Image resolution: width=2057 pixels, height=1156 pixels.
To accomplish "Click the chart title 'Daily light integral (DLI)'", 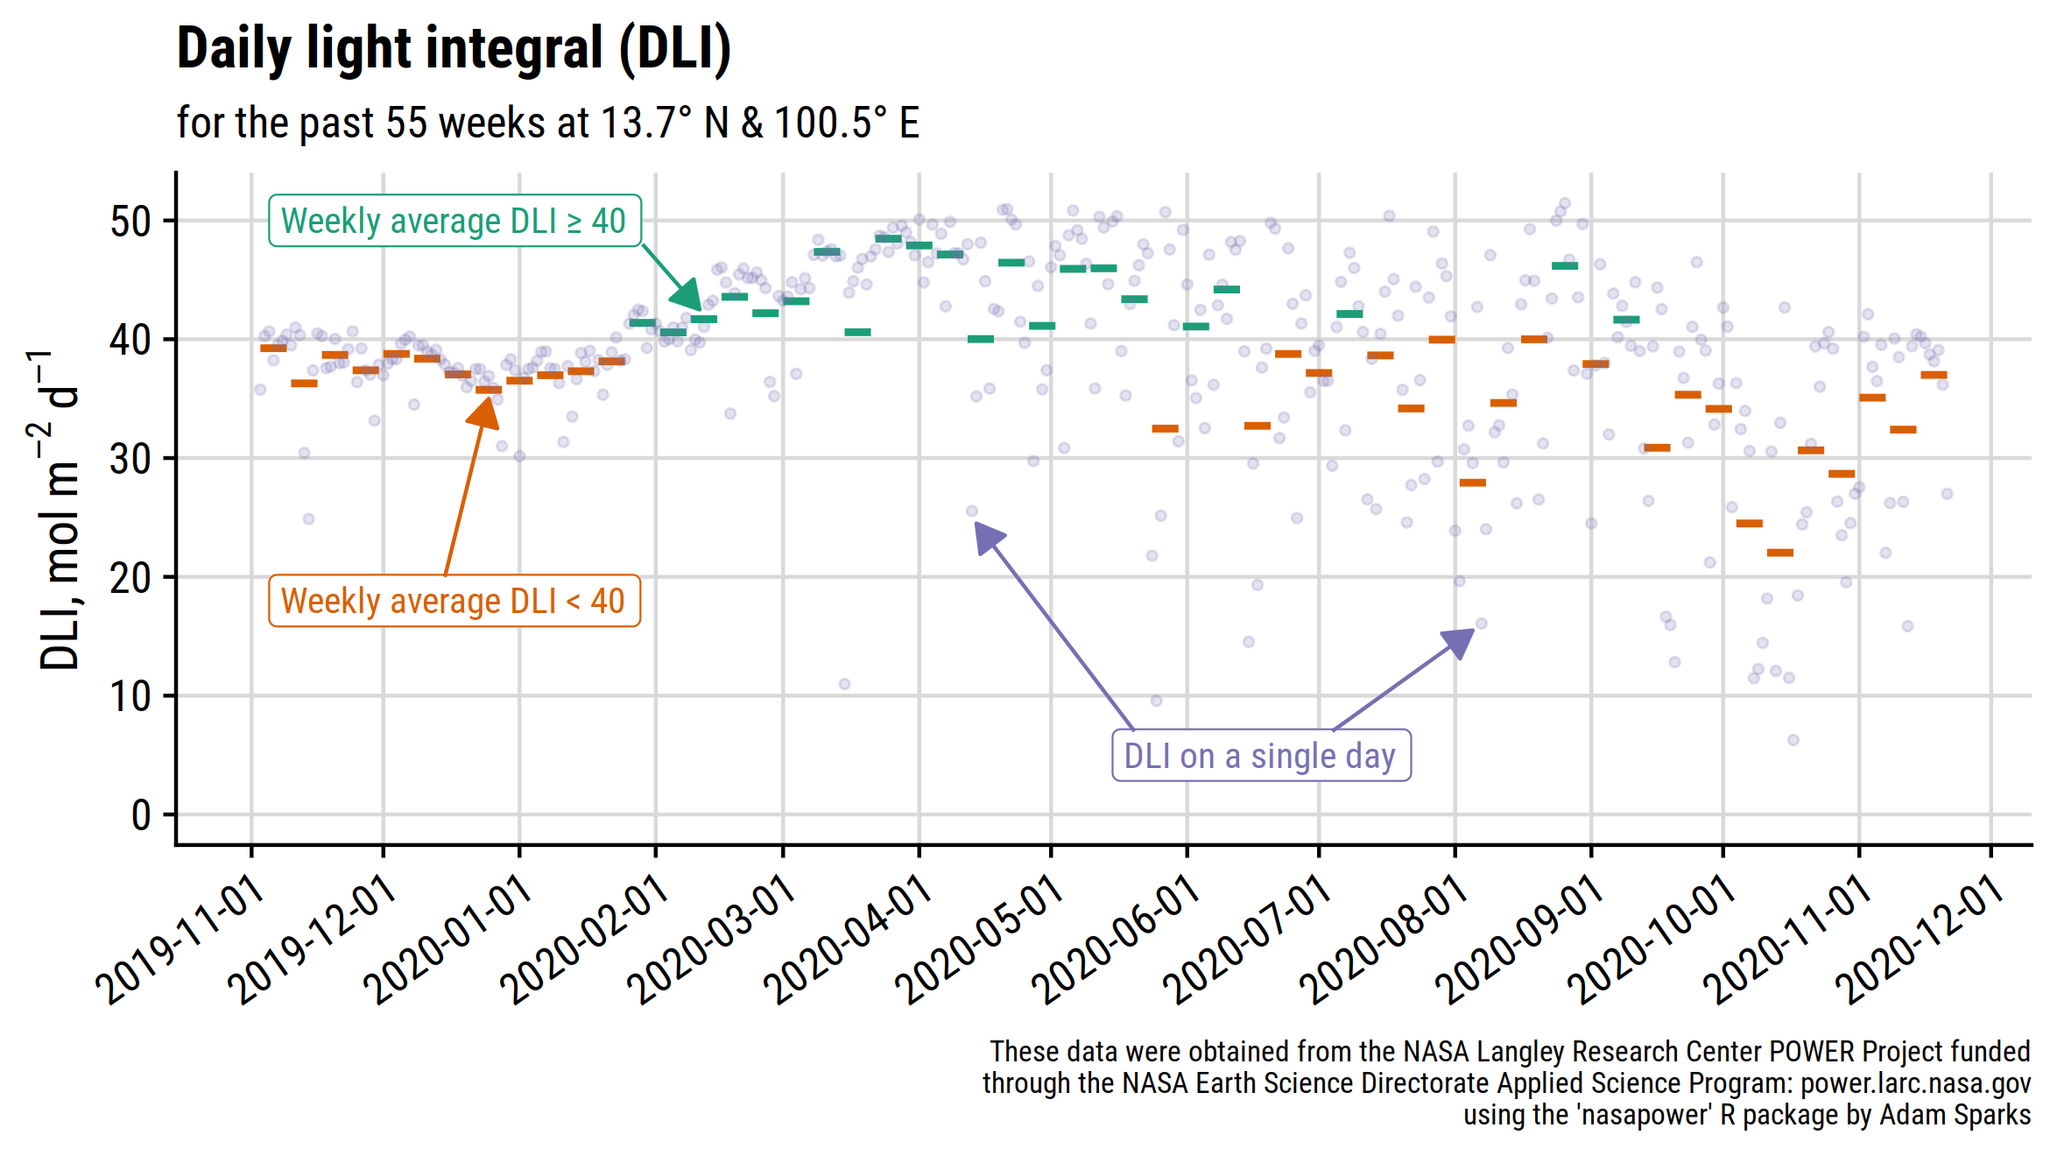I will (453, 48).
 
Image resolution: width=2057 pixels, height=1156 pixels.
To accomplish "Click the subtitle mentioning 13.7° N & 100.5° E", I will (547, 123).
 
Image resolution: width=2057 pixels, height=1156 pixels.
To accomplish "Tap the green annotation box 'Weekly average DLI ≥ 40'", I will (454, 221).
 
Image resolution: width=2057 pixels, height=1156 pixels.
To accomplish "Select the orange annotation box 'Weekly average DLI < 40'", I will (454, 601).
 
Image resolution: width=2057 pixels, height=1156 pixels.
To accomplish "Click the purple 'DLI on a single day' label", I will (1260, 756).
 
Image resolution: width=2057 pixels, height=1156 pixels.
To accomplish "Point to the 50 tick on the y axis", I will (130, 222).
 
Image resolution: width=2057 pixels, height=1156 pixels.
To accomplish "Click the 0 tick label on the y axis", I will (141, 815).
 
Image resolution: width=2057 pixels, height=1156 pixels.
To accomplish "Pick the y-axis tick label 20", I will (130, 578).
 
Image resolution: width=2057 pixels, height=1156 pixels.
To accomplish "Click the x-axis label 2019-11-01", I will (180, 941).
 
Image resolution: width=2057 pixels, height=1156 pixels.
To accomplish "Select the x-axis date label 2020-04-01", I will (847, 941).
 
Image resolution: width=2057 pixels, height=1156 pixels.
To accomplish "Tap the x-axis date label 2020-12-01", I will (1919, 941).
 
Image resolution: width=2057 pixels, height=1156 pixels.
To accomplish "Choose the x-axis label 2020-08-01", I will (1383, 941).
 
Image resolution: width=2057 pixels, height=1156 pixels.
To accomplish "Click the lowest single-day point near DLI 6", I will (1793, 740).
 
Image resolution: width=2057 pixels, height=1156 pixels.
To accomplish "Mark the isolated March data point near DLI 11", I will (844, 684).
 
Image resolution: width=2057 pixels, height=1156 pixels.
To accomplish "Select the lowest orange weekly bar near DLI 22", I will (1779, 553).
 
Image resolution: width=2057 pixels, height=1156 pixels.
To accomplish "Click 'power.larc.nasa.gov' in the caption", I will (1915, 1083).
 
